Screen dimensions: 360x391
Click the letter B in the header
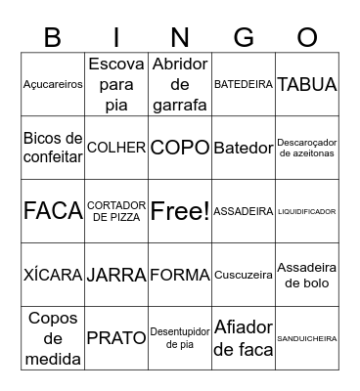53,38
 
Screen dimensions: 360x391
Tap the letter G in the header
244,38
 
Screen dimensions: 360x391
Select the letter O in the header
307,38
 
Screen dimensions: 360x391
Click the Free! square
180,211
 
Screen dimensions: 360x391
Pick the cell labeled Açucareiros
53,84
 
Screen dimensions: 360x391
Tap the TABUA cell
307,84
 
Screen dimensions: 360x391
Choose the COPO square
180,148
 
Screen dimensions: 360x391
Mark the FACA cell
53,211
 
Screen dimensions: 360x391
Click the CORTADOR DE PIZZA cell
116,211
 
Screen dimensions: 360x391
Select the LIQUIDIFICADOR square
307,211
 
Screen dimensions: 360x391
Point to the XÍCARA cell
53,275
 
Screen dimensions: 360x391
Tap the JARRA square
116,275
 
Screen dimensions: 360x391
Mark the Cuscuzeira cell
244,275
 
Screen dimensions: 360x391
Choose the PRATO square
116,338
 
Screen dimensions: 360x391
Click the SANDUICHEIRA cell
307,338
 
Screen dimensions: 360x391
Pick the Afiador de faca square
244,338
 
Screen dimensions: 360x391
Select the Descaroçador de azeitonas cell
307,148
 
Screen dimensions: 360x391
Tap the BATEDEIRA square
244,84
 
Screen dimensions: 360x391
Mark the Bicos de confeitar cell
53,148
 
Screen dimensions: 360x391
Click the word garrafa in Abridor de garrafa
180,105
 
